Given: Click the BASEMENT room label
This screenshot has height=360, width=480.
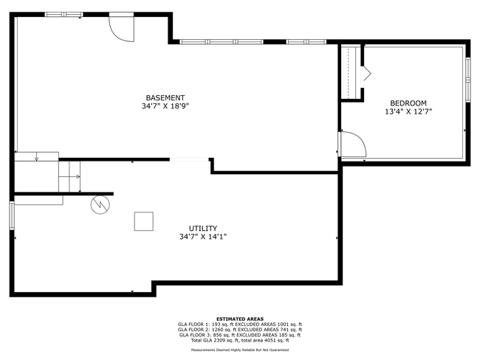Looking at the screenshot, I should [165, 98].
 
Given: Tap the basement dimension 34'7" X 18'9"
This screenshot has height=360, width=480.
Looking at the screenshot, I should [165, 106].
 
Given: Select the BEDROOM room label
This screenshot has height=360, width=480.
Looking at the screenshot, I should [408, 103].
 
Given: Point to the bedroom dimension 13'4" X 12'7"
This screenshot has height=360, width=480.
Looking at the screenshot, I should [408, 112].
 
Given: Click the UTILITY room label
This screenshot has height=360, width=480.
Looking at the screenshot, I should [202, 229].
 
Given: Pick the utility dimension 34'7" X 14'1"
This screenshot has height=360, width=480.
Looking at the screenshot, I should [202, 237].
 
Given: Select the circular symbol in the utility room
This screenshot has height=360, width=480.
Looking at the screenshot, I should [99, 204].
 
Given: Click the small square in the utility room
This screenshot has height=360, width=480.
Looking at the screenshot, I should [144, 221].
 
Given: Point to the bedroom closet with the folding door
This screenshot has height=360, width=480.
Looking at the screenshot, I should [352, 72].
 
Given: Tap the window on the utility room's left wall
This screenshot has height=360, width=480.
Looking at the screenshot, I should [12, 215].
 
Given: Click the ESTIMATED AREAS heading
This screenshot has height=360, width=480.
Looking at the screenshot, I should [239, 319].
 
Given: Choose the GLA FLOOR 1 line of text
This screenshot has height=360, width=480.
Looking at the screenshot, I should [239, 325].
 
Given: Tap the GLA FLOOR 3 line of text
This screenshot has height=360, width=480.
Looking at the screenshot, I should [239, 335].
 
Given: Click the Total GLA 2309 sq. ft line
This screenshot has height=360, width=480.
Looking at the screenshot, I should [239, 340].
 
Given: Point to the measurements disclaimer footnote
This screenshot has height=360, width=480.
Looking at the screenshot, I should [239, 350].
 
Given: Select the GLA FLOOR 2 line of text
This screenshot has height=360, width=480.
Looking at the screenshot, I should [239, 330].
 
